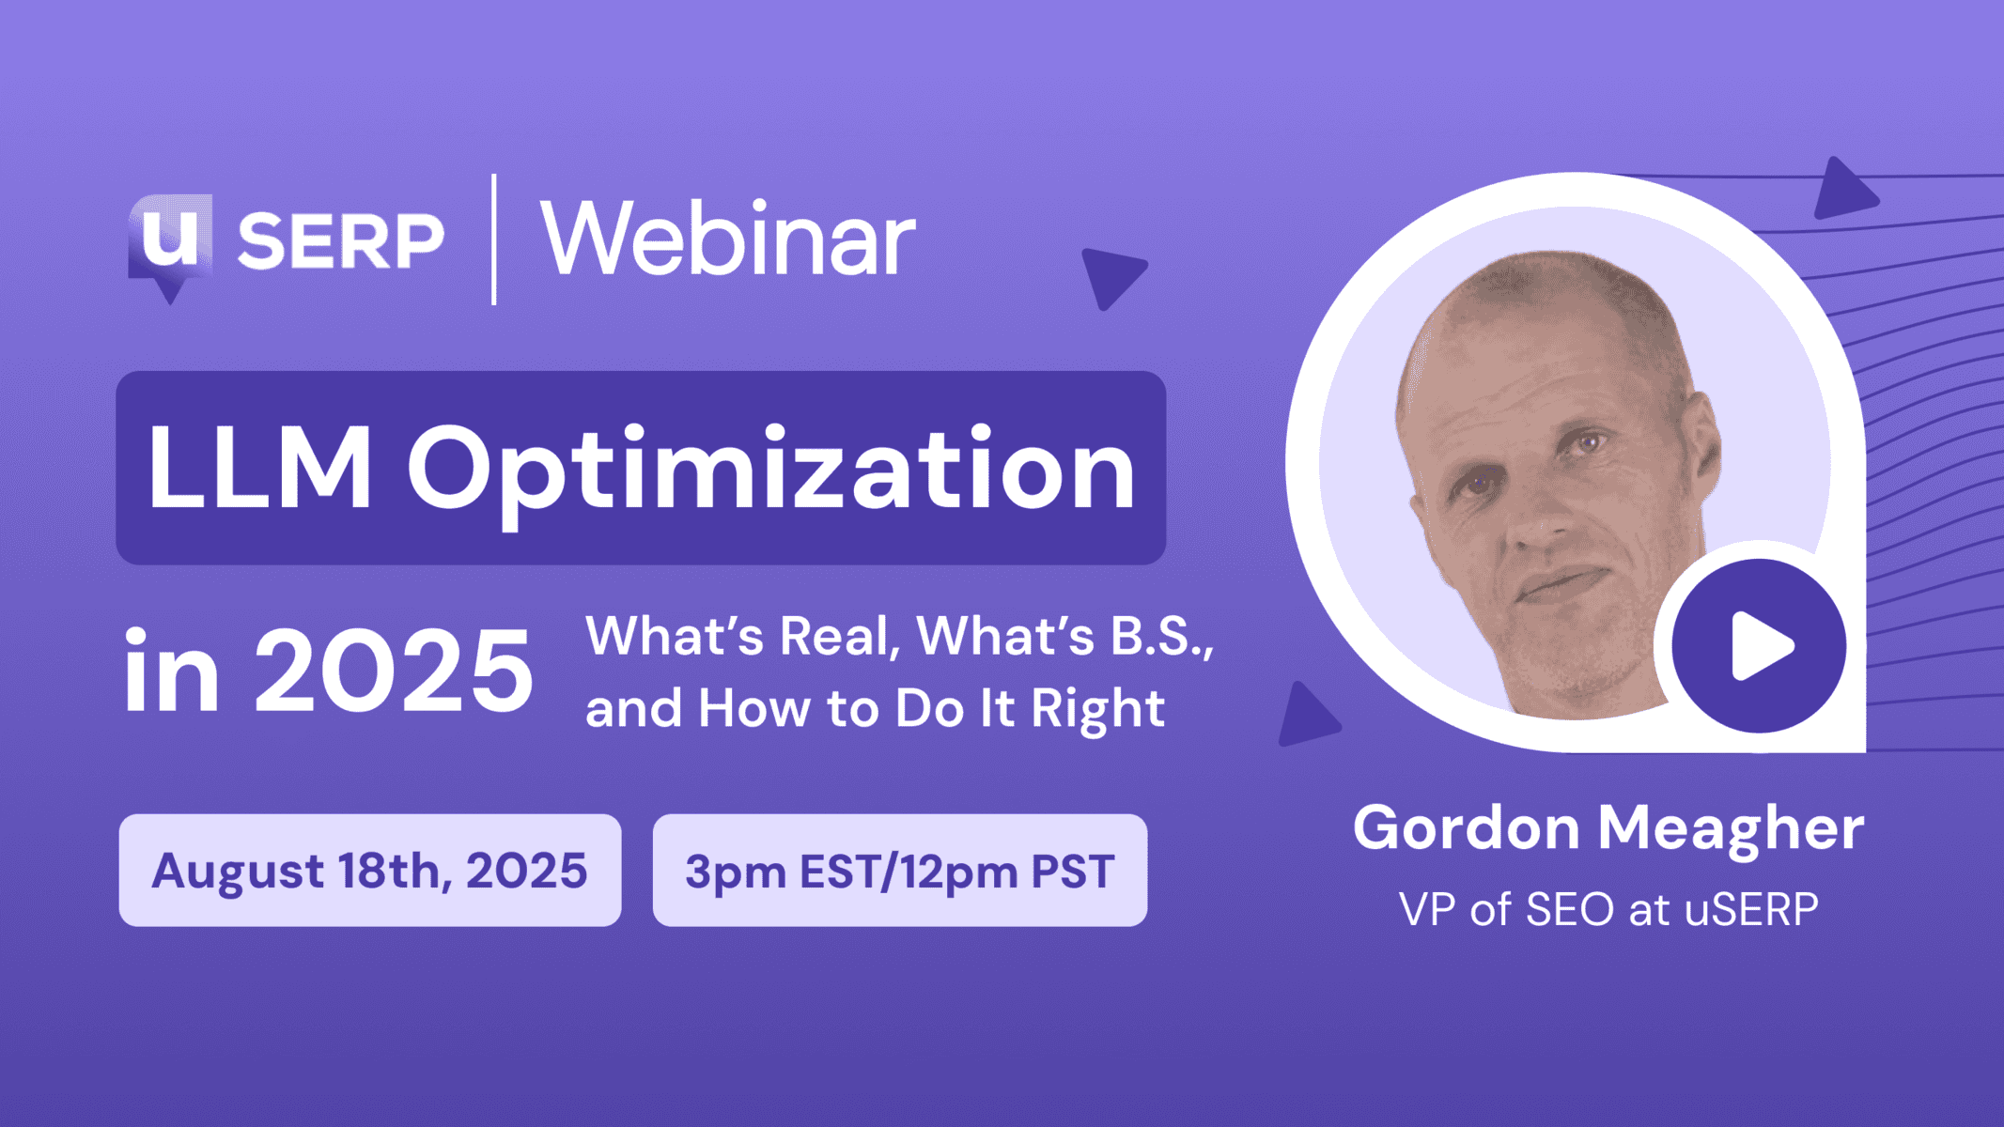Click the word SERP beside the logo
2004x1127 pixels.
(340, 241)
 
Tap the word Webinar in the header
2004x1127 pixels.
(727, 239)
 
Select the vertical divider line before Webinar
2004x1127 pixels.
(494, 239)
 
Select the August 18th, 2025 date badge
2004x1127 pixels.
(370, 871)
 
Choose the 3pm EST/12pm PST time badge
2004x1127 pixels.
(899, 871)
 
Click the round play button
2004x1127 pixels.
(1759, 646)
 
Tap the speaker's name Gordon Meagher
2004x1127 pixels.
(1608, 828)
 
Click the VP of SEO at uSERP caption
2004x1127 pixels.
(1608, 909)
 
